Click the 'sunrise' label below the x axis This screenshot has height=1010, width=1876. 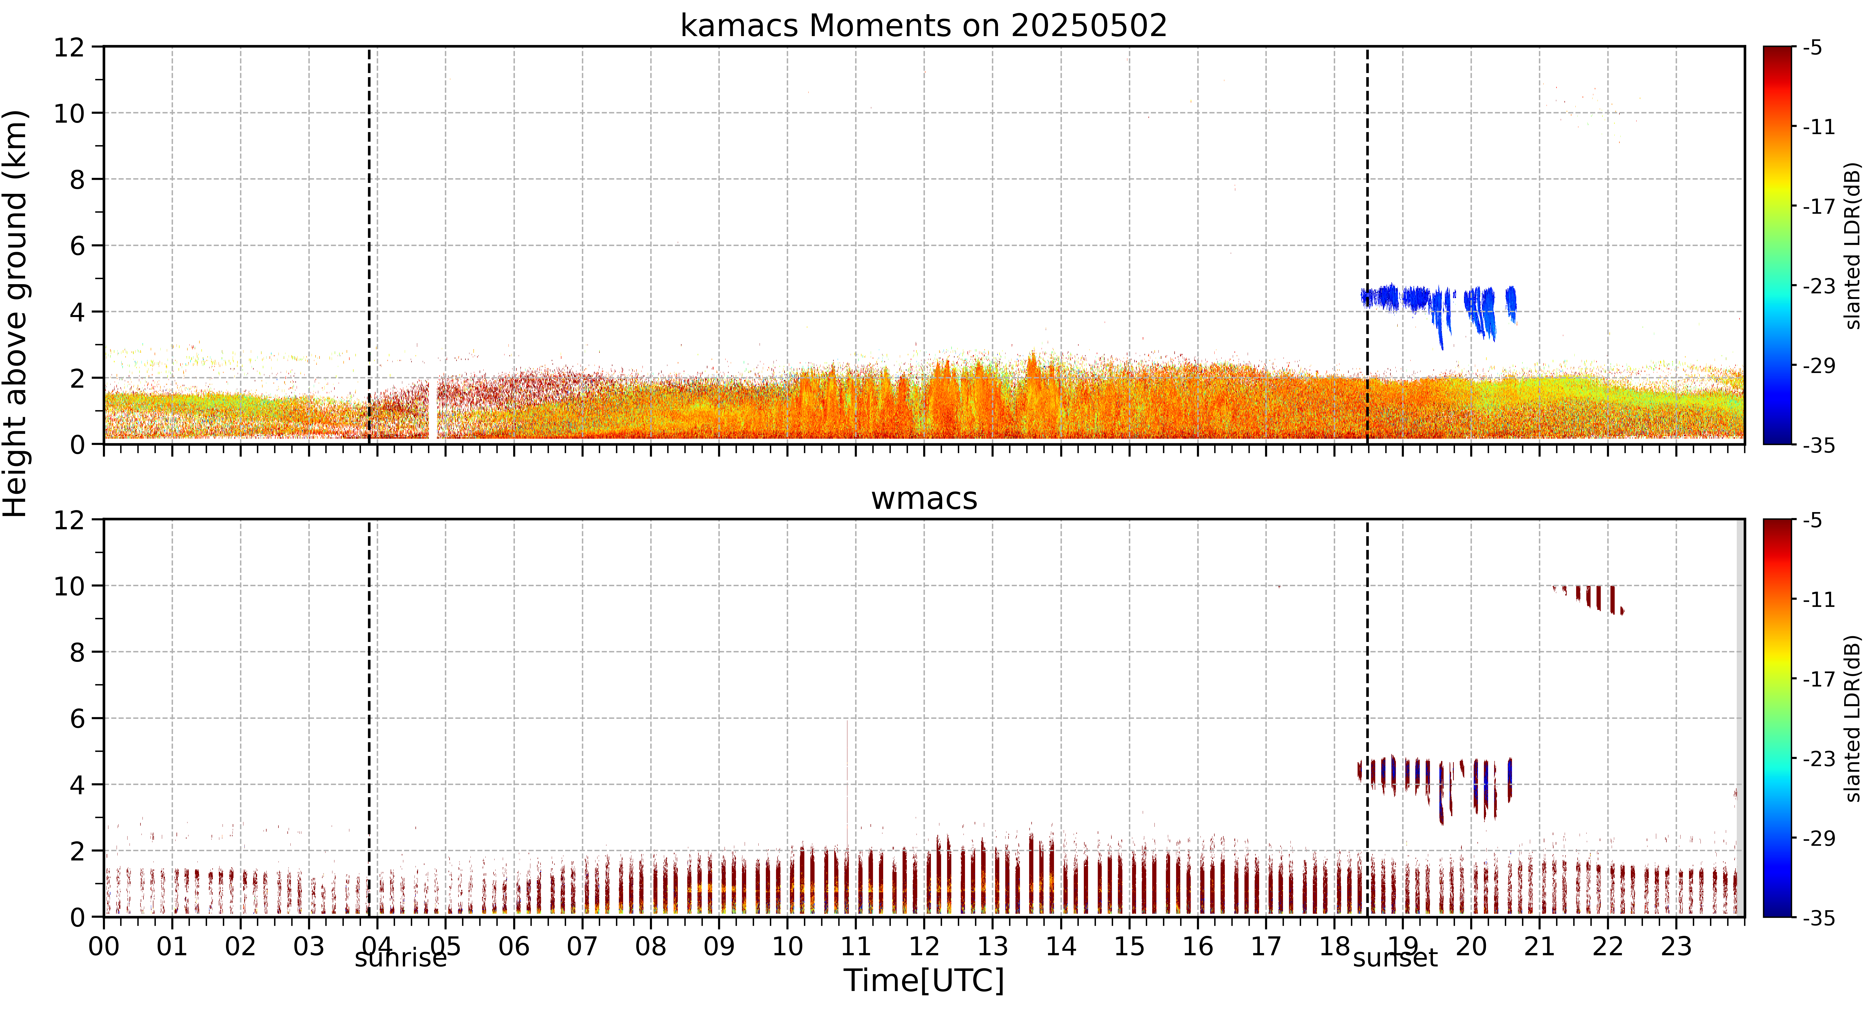pos(401,958)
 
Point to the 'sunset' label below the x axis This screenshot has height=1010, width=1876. pos(1395,958)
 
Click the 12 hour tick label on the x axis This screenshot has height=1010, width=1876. pos(924,947)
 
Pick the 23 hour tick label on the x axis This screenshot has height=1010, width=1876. pos(1676,947)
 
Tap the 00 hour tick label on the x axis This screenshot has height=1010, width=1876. pos(104,947)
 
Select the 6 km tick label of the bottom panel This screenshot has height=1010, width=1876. pos(77,719)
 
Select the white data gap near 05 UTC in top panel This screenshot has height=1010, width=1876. pos(433,410)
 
